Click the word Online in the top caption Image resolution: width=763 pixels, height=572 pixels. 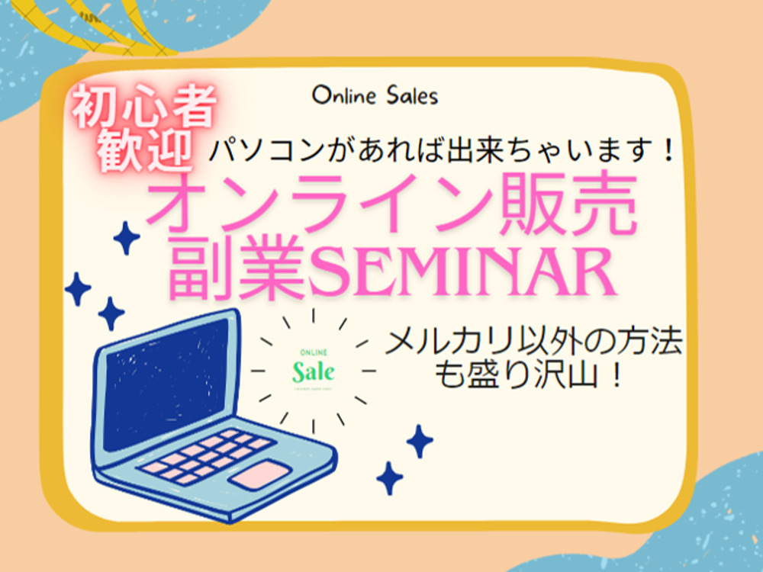[x=345, y=96]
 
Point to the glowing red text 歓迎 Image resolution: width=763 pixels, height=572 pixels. [x=143, y=149]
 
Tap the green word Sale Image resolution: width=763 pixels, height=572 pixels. [x=314, y=372]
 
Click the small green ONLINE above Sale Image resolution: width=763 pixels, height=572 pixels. [x=313, y=352]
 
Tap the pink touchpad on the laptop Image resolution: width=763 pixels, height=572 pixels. [x=260, y=474]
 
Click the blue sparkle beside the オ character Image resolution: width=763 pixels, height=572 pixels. [x=127, y=238]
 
